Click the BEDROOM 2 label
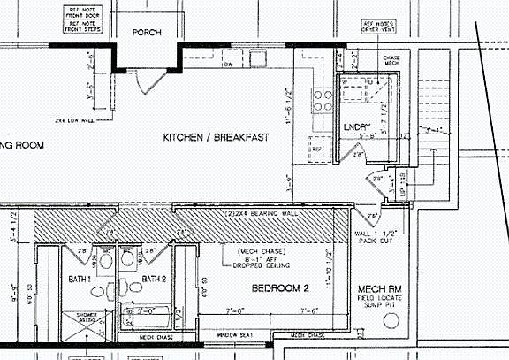coord(279,289)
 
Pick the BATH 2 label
coord(156,280)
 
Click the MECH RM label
coord(381,290)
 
